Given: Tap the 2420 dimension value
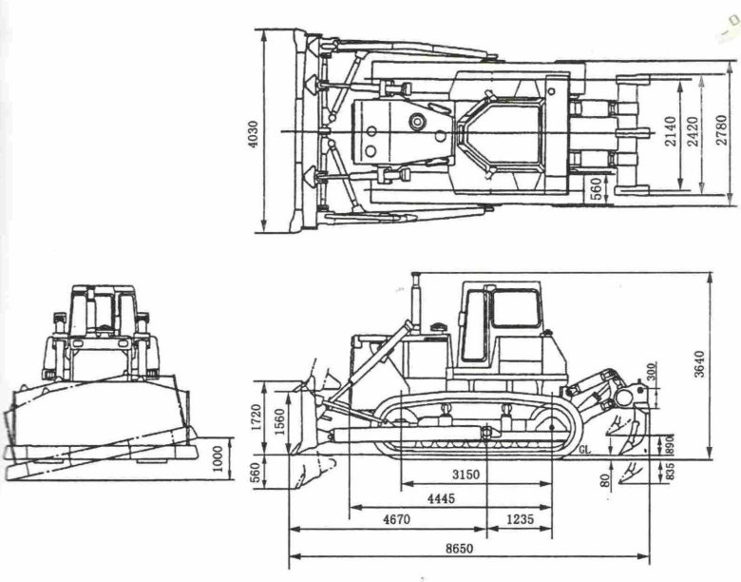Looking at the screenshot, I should [x=694, y=130].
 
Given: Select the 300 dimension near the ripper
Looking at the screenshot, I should [x=651, y=371].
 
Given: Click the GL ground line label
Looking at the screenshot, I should [x=585, y=451].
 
